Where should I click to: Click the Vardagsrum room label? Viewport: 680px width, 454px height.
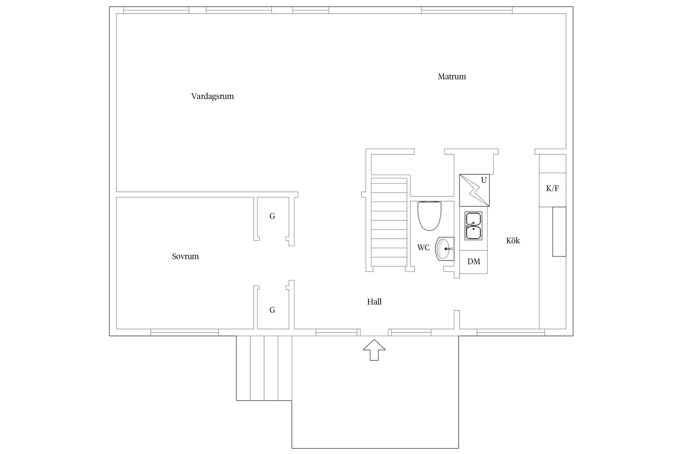point(212,96)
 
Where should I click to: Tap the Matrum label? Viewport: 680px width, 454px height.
point(452,77)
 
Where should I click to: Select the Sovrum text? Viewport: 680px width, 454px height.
point(185,256)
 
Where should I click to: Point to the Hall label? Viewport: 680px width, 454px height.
point(374,302)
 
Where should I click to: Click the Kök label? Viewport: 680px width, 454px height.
point(513,241)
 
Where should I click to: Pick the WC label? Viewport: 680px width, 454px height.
point(424,248)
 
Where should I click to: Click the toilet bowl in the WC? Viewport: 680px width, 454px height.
point(430,216)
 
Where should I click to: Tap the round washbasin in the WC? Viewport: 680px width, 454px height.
point(444,249)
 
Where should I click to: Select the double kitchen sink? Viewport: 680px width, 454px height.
point(474,226)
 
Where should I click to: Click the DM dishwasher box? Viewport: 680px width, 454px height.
point(474,262)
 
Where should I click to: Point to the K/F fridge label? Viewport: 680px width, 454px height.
point(552,188)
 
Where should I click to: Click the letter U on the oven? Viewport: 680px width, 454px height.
point(484,180)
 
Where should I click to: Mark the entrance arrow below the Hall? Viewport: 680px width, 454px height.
point(374,350)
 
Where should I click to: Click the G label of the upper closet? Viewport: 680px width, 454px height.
point(272,216)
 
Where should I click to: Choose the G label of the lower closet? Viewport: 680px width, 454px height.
point(272,310)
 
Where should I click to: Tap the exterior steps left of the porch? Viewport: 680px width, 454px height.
point(264,368)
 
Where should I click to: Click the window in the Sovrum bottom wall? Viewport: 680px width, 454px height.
point(185,332)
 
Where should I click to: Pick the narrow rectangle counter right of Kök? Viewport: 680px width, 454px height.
point(559,232)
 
